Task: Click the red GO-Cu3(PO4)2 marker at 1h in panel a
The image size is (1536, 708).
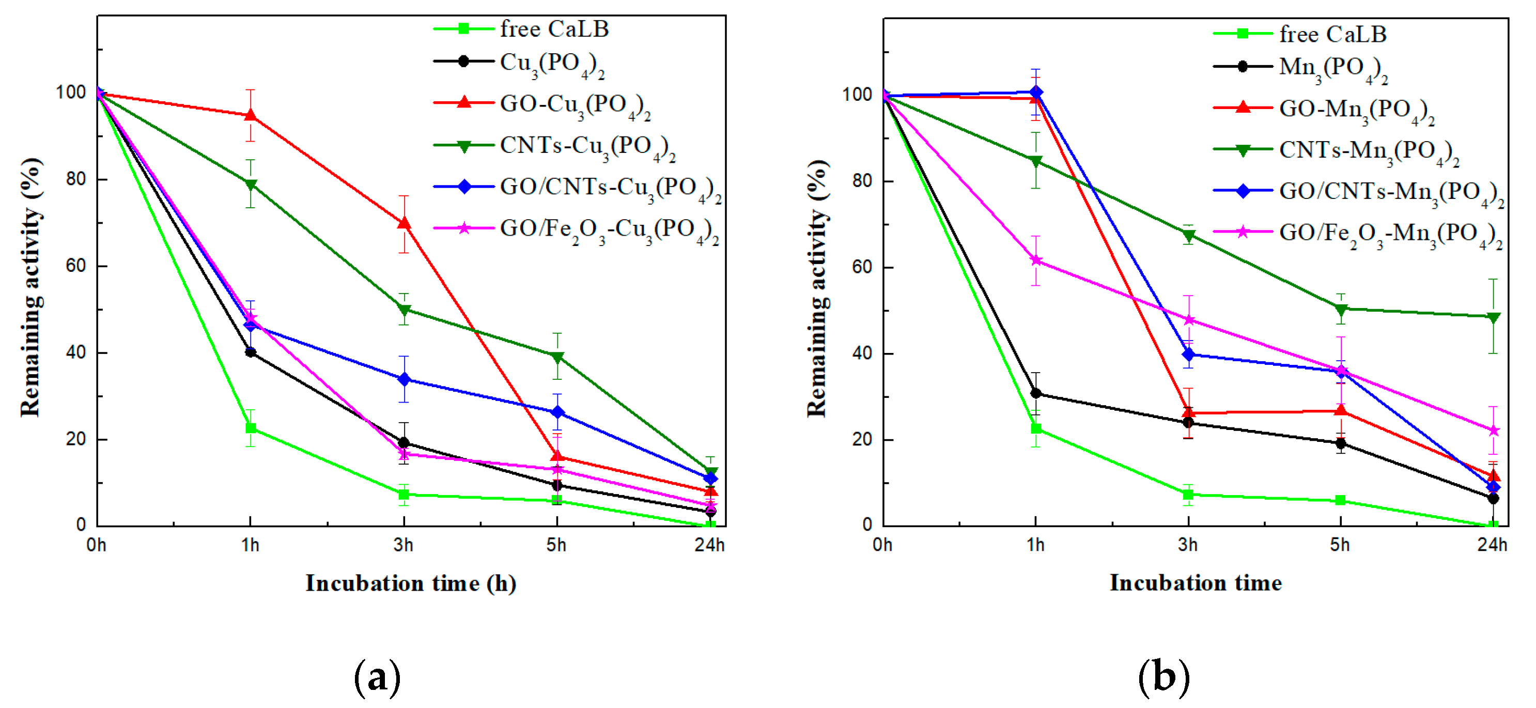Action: coord(251,115)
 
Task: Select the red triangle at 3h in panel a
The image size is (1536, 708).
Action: coord(404,223)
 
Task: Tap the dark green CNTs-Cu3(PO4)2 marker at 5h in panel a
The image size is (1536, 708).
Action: coord(557,357)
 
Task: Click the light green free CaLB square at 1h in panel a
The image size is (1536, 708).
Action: coord(251,428)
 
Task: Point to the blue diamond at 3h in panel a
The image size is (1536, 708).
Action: coord(404,379)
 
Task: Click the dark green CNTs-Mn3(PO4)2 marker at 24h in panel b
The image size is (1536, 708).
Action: coord(1493,317)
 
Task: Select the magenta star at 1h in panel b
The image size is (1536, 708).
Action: coord(1036,260)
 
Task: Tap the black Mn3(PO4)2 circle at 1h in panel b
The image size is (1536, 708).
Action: coord(1036,393)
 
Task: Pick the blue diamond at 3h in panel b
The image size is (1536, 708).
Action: coord(1188,355)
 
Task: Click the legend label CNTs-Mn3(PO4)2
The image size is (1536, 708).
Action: coord(1369,151)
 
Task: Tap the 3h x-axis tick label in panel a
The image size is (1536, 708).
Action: coord(404,545)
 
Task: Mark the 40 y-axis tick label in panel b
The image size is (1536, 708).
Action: coord(862,353)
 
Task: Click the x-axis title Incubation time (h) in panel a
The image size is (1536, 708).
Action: coord(411,583)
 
